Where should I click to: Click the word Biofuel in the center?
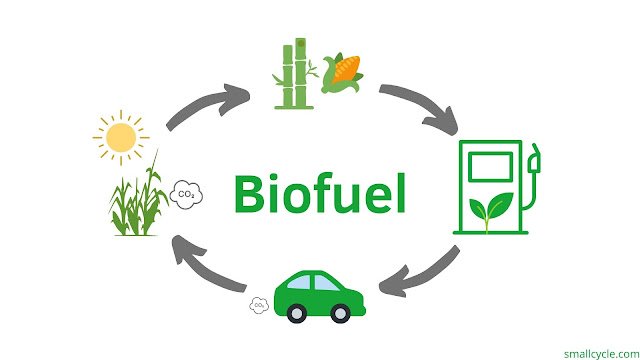(320, 193)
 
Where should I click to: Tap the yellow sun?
(121, 138)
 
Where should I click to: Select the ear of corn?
(342, 73)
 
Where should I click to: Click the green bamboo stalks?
(295, 74)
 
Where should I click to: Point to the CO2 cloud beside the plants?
(186, 195)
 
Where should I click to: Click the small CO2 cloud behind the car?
(259, 305)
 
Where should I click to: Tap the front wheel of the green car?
(340, 313)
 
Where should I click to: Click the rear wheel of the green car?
(297, 313)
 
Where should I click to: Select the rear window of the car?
(299, 282)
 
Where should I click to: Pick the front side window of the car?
(326, 283)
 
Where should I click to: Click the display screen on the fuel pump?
(490, 167)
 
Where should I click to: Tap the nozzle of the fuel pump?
(534, 158)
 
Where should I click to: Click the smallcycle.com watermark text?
(602, 353)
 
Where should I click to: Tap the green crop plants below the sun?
(138, 196)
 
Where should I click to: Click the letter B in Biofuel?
(249, 193)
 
